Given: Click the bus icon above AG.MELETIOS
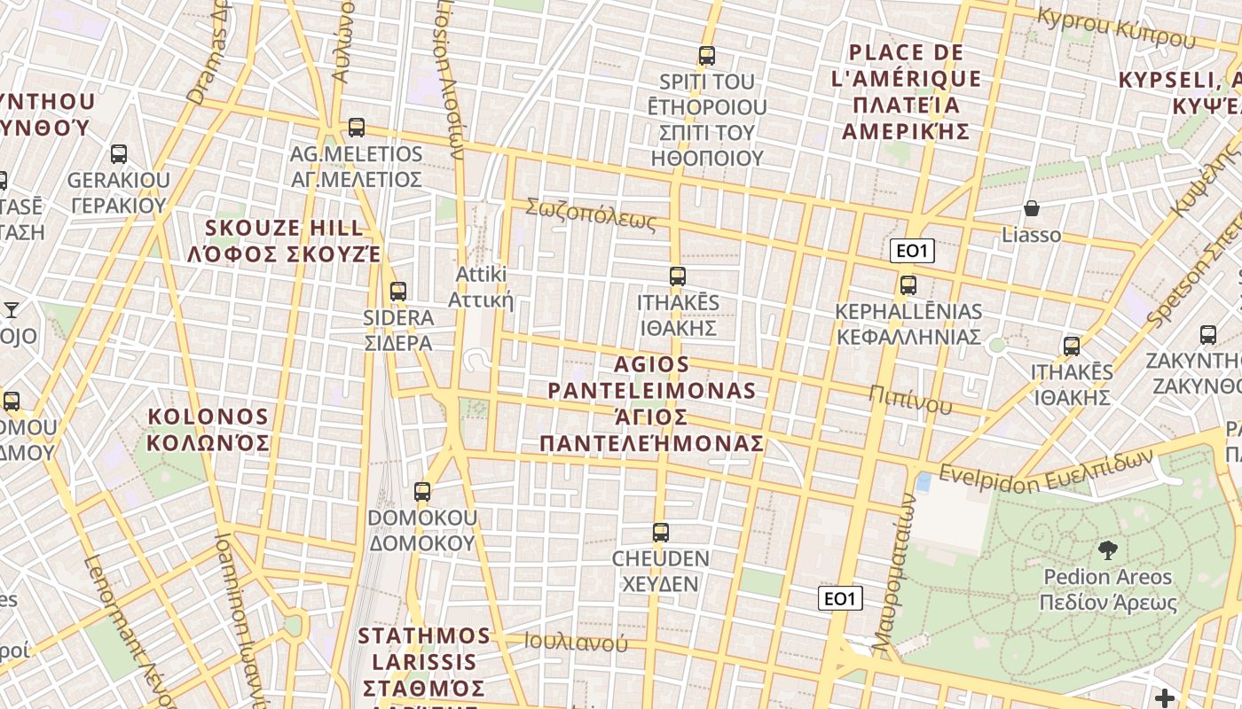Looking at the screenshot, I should pos(357,128).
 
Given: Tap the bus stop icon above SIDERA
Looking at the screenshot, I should pos(398,291).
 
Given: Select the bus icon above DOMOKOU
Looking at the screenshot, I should pos(422,491).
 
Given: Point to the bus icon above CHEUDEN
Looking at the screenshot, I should pos(661,532).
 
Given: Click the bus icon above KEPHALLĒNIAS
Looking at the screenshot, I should pos(908,285).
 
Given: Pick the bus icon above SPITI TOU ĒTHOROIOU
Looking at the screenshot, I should pos(707,56).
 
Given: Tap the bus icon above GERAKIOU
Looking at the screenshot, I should pos(119,154).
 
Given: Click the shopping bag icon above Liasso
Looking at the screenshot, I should pos(1032,209).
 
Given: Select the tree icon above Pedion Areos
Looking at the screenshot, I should pos(1108,550).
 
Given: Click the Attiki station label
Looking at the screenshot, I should pos(481,286).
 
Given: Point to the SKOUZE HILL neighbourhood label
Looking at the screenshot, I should pos(285,241).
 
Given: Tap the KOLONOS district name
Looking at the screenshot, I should pos(208,429).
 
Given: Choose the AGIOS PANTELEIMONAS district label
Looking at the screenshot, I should pos(652,403).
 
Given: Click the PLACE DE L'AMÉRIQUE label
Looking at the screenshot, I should pos(906,92).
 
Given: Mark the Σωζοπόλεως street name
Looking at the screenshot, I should pos(591,215).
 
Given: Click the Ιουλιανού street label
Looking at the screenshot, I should pos(576,643).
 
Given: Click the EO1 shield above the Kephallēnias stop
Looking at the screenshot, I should pos(912,251).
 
